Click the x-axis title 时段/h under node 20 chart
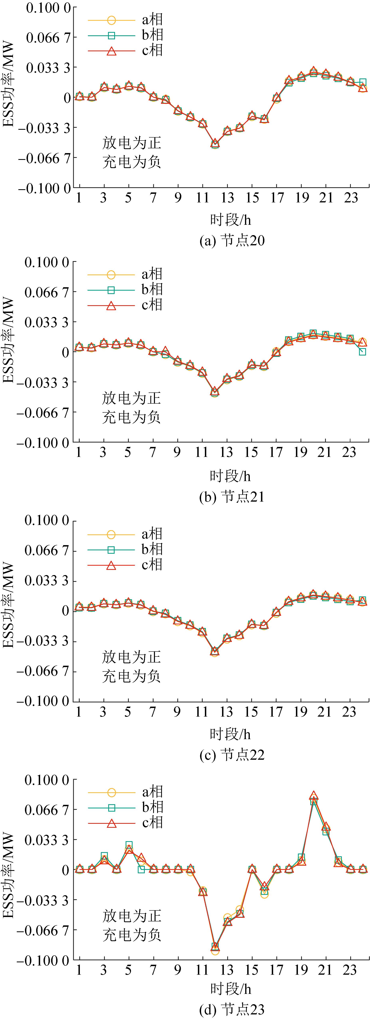click(x=230, y=220)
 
